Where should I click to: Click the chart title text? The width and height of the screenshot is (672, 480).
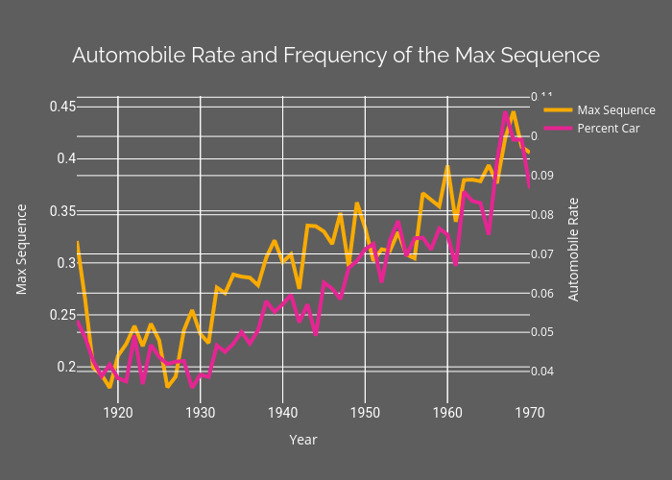[x=336, y=56]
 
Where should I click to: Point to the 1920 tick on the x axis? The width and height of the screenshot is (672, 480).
[x=118, y=412]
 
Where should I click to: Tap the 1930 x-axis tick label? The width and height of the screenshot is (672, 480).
[x=201, y=412]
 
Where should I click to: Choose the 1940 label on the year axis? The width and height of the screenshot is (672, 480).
[x=283, y=412]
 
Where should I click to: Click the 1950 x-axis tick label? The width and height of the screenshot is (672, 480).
[x=365, y=412]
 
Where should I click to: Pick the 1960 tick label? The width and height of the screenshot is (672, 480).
[x=447, y=412]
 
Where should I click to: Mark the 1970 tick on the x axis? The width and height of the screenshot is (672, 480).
[x=530, y=412]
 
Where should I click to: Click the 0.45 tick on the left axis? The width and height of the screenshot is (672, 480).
[x=62, y=107]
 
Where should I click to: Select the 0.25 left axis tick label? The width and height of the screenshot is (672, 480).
[x=62, y=315]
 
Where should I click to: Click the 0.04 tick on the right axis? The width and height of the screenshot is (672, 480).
[x=544, y=372]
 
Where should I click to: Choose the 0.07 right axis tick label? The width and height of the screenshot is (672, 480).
[x=544, y=254]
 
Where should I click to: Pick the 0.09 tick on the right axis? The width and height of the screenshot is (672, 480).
[x=544, y=176]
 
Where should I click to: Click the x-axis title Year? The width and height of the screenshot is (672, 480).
[x=303, y=440]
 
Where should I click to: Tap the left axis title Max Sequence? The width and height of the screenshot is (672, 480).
[x=21, y=250]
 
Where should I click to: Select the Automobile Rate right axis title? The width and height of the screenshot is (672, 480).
[x=573, y=250]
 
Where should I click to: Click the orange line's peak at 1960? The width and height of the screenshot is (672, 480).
[x=447, y=167]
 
